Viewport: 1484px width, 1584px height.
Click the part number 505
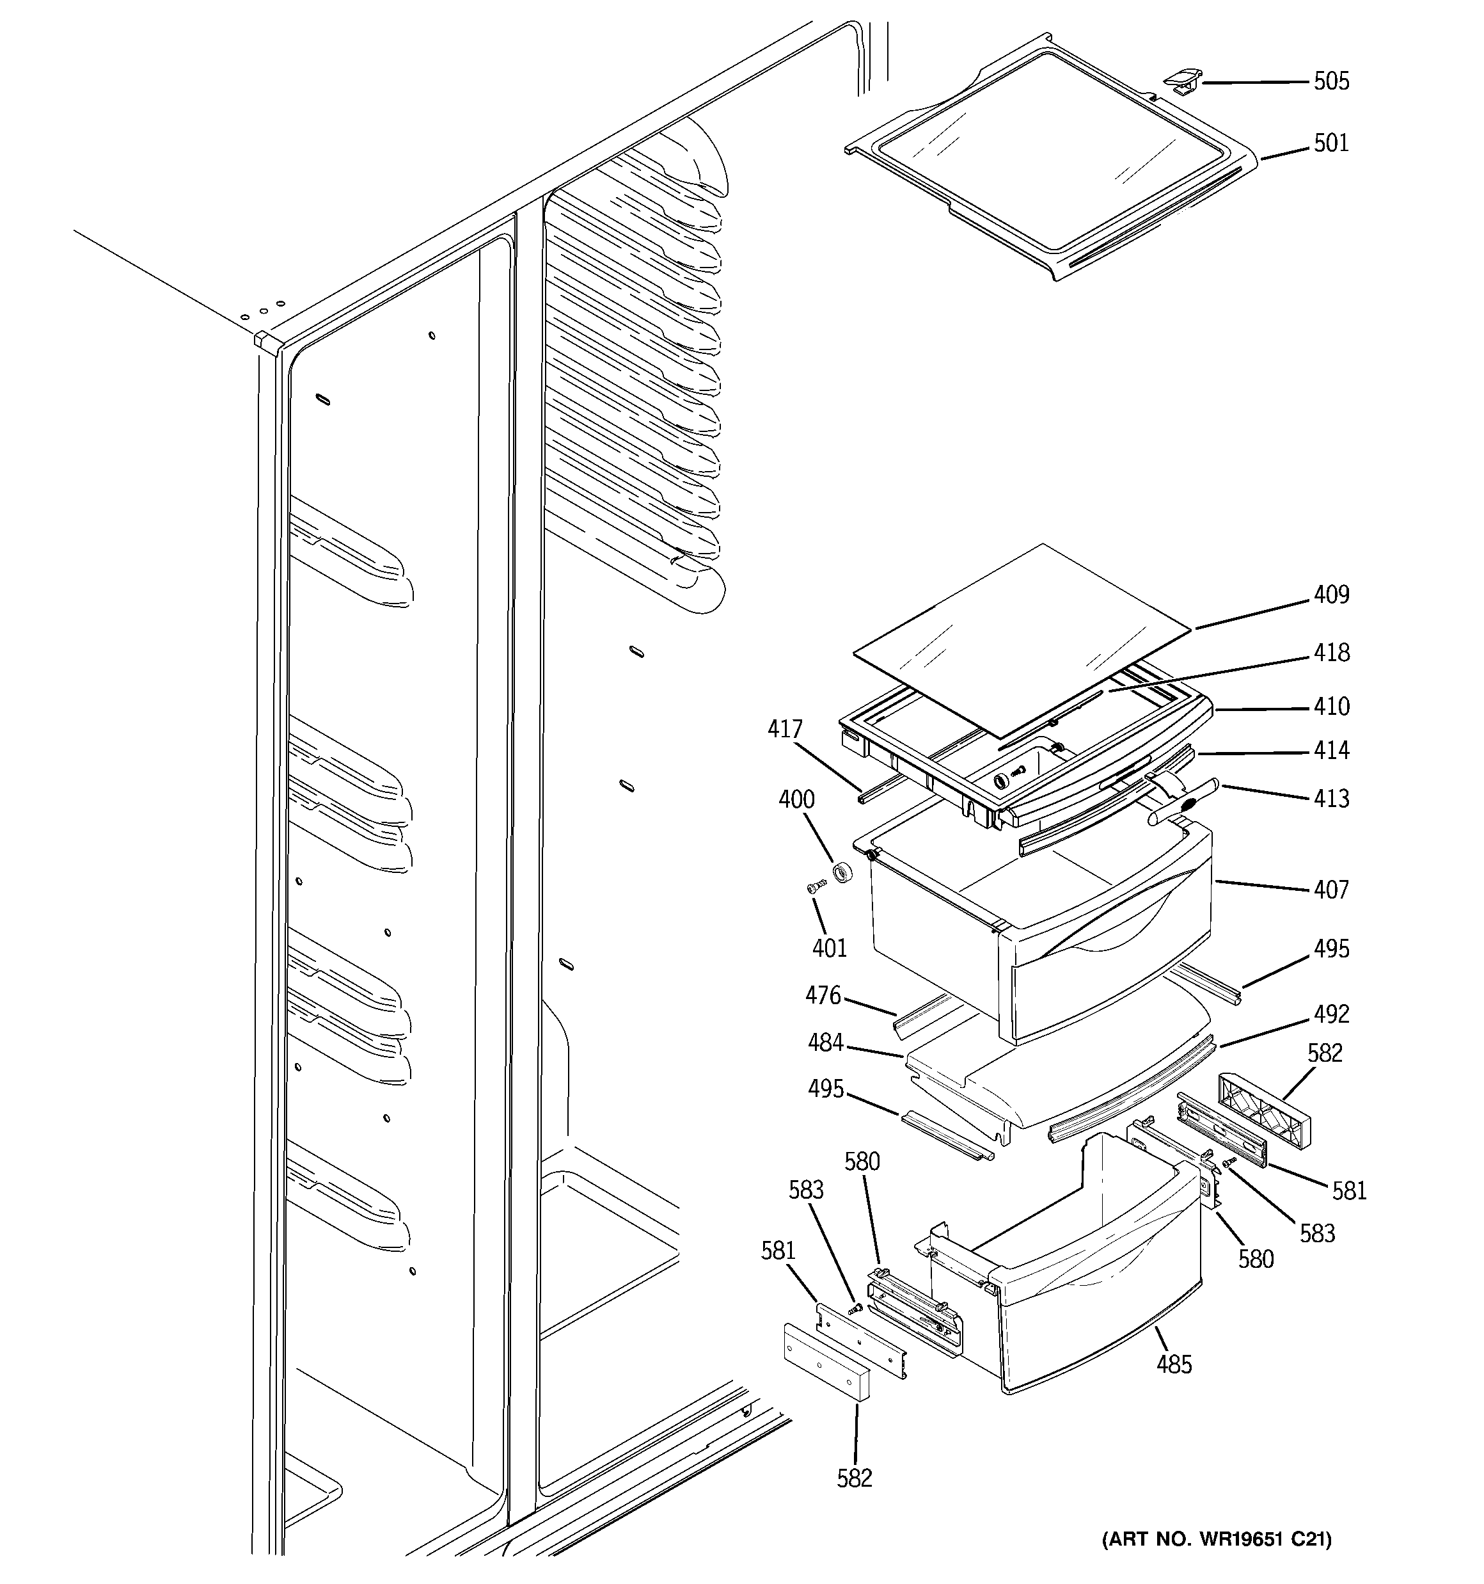pyautogui.click(x=1331, y=81)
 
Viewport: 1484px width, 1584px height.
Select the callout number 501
pyautogui.click(x=1331, y=143)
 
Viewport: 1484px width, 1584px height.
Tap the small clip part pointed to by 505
pyautogui.click(x=1181, y=79)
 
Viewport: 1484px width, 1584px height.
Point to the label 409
pyautogui.click(x=1331, y=595)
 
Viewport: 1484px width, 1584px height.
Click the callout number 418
pyautogui.click(x=1331, y=653)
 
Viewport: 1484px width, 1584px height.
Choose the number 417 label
pyautogui.click(x=785, y=729)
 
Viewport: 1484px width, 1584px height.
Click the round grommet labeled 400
pyautogui.click(x=843, y=872)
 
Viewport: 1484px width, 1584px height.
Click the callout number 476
pyautogui.click(x=823, y=995)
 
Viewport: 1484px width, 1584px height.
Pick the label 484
pyautogui.click(x=825, y=1042)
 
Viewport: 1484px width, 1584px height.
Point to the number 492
pyautogui.click(x=1331, y=1014)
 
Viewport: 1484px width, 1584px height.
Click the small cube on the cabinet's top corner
pyautogui.click(x=267, y=341)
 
